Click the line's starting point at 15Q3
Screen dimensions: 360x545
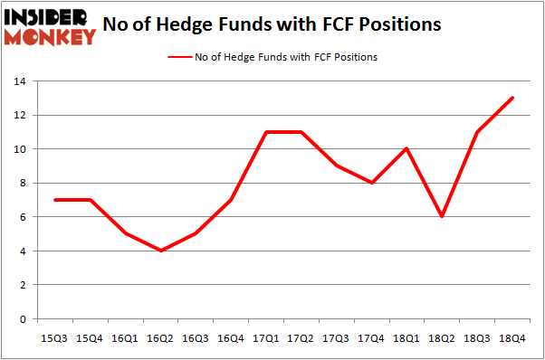[x=57, y=200]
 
